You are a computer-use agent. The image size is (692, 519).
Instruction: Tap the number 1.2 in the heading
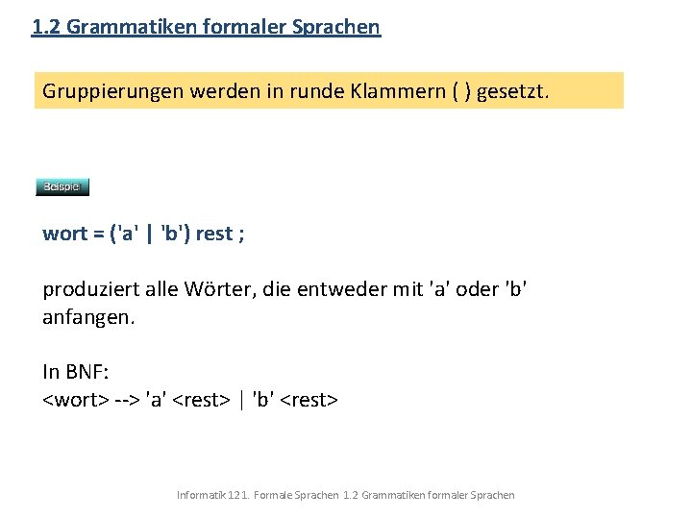pyautogui.click(x=46, y=27)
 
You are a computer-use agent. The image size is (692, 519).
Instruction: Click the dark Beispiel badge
pyautogui.click(x=62, y=186)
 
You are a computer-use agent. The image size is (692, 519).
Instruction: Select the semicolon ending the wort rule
pyautogui.click(x=240, y=234)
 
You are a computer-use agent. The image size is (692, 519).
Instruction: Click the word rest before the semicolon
pyautogui.click(x=213, y=234)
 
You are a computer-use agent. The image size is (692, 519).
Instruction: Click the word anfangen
pyautogui.click(x=86, y=316)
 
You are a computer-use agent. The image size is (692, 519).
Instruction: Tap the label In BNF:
pyautogui.click(x=74, y=372)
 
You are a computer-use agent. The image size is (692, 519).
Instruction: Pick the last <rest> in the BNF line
pyautogui.click(x=309, y=399)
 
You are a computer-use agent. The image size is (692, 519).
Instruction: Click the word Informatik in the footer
pyautogui.click(x=201, y=495)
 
